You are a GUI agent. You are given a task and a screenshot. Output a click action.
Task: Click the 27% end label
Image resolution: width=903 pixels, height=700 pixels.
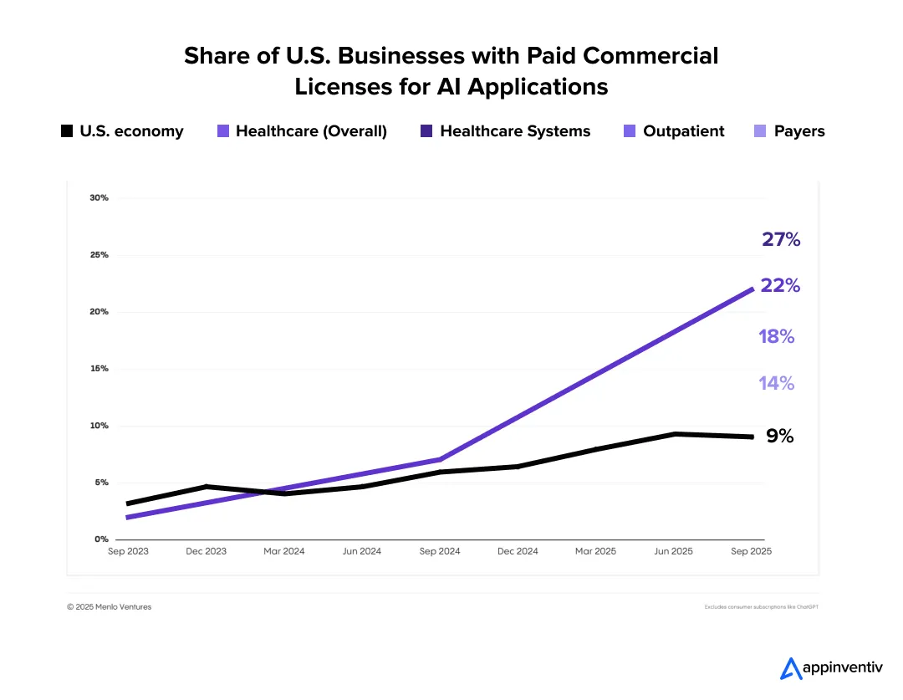click(781, 240)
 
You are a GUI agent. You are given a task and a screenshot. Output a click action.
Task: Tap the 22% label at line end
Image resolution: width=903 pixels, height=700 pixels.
click(781, 285)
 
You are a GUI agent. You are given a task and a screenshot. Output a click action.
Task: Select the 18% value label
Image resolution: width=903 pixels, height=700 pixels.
click(777, 336)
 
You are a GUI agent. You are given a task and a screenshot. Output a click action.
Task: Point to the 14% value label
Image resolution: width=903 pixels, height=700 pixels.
click(777, 383)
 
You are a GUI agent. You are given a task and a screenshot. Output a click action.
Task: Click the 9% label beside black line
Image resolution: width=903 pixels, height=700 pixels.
click(779, 436)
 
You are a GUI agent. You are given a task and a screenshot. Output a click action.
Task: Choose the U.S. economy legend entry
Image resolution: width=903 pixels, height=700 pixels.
click(122, 131)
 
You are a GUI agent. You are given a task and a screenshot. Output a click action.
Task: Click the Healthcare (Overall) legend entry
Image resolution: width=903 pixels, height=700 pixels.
click(302, 131)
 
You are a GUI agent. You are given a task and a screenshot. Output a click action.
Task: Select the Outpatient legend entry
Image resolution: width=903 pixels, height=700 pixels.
click(674, 131)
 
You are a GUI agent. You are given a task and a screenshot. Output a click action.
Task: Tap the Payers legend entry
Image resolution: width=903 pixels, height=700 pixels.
click(789, 131)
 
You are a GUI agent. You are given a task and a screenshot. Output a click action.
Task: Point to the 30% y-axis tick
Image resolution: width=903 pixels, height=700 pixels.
click(99, 198)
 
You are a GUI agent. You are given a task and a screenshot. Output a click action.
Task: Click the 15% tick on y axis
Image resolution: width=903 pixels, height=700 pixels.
click(99, 369)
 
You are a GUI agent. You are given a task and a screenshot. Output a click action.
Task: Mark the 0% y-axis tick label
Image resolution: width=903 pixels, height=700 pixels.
click(101, 539)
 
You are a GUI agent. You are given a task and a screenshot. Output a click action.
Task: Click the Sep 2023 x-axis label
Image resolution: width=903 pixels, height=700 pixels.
click(128, 552)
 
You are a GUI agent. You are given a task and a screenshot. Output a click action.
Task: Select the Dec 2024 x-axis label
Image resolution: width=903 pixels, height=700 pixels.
click(518, 552)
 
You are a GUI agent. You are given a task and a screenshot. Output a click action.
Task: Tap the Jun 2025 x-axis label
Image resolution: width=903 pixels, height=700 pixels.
click(673, 552)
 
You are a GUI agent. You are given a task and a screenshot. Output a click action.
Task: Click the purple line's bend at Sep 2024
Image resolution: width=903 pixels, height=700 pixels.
click(440, 459)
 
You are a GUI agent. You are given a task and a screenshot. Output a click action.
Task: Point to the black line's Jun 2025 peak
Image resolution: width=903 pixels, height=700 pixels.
click(674, 434)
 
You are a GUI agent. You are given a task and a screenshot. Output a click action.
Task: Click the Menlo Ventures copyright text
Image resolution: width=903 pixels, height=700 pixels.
click(110, 607)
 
